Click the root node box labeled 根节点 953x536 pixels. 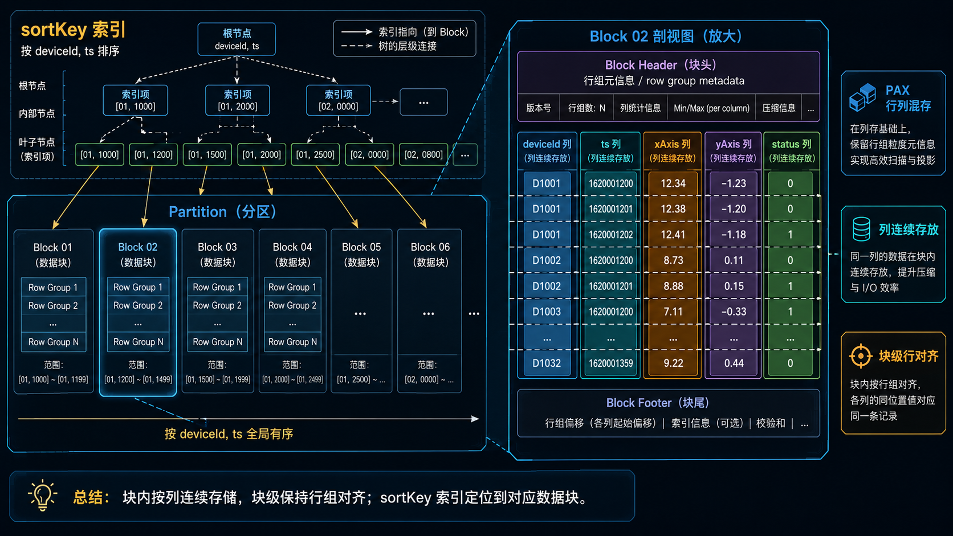point(237,39)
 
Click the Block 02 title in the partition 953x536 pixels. point(137,247)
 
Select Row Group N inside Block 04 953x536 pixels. point(292,342)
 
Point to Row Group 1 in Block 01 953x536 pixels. point(53,287)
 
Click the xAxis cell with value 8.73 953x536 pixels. point(673,260)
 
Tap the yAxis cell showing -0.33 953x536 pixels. point(734,312)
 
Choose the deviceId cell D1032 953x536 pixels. point(547,363)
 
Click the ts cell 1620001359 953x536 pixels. point(610,363)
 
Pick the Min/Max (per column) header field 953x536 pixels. point(711,108)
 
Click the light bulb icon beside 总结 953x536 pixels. point(42,495)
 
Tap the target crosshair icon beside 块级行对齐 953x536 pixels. point(860,356)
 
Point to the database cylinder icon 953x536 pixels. point(861,230)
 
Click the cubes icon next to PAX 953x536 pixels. point(862,97)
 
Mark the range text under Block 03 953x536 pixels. point(217,373)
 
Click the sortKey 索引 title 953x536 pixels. point(73,30)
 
